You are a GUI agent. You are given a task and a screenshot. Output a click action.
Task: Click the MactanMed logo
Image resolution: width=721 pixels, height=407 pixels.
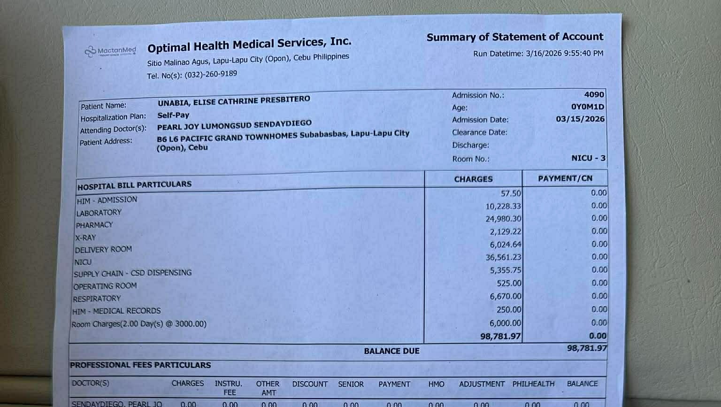pyautogui.click(x=110, y=51)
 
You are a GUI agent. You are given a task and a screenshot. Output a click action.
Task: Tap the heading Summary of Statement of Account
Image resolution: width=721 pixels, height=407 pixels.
pyautogui.click(x=514, y=37)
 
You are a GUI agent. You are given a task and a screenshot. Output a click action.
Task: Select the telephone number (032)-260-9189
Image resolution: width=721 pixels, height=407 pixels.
pyautogui.click(x=211, y=74)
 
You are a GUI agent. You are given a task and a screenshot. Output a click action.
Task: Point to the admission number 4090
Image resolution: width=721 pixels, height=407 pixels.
pyautogui.click(x=594, y=95)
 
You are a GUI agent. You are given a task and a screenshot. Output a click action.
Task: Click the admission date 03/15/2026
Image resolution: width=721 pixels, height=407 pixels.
pyautogui.click(x=580, y=119)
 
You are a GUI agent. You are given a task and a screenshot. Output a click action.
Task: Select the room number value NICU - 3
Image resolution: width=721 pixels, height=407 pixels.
pyautogui.click(x=588, y=158)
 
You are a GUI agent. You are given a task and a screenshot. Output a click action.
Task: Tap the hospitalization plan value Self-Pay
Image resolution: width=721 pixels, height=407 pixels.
pyautogui.click(x=173, y=115)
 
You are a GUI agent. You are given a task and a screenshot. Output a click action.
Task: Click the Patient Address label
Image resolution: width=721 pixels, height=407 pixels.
pyautogui.click(x=106, y=142)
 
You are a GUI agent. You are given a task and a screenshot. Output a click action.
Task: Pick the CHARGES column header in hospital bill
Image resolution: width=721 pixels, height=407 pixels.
pyautogui.click(x=473, y=179)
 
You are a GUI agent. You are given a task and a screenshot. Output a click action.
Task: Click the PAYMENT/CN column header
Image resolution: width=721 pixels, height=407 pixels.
pyautogui.click(x=565, y=178)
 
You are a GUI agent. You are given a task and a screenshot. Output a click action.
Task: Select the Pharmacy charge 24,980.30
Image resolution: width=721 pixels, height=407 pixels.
pyautogui.click(x=503, y=219)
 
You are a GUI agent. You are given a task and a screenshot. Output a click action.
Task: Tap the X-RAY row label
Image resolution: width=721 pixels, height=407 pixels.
pyautogui.click(x=85, y=238)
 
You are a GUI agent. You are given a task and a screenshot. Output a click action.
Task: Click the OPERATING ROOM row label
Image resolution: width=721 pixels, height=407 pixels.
pyautogui.click(x=105, y=286)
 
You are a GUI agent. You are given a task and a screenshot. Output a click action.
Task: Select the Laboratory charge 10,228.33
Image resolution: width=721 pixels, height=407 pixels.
pyautogui.click(x=503, y=206)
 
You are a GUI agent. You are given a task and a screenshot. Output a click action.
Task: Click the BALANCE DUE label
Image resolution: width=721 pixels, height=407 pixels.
pyautogui.click(x=391, y=351)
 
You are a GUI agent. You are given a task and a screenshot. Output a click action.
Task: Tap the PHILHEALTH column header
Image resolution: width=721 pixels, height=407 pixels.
pyautogui.click(x=533, y=384)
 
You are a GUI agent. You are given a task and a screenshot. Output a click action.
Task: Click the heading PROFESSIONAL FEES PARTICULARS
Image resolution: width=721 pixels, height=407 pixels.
pyautogui.click(x=140, y=365)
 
